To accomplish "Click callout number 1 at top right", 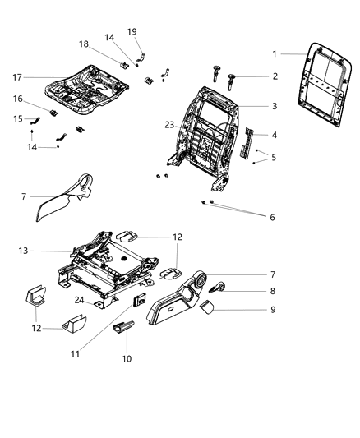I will click(x=275, y=53).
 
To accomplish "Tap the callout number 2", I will click(x=275, y=76).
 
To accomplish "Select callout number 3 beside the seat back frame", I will click(x=275, y=106).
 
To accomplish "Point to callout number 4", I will click(x=275, y=135).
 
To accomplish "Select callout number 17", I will click(x=28, y=78).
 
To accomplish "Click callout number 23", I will click(x=169, y=125).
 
